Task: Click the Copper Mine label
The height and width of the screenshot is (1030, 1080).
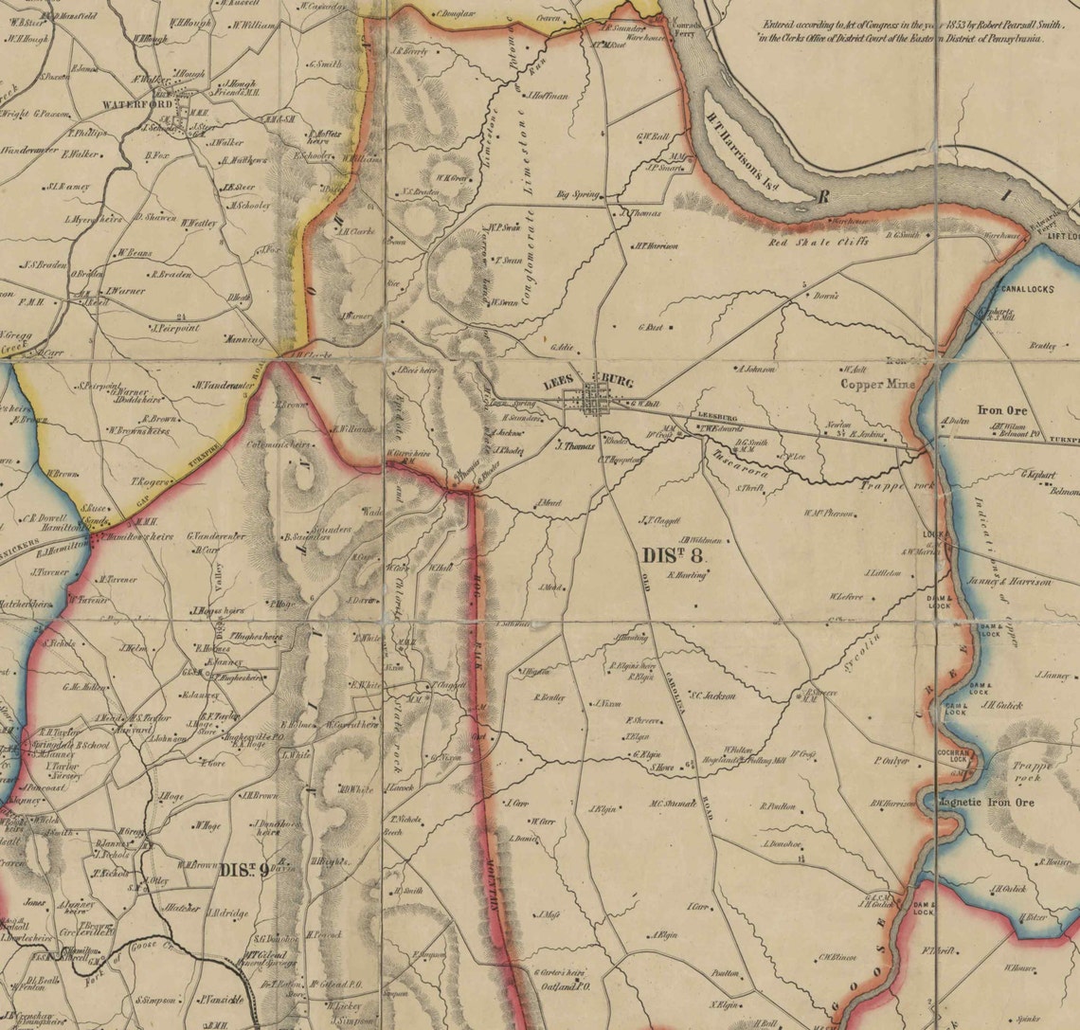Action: pos(878,385)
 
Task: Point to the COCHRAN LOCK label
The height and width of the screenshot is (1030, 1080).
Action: pos(951,754)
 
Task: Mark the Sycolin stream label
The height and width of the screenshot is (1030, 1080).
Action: pos(869,652)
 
